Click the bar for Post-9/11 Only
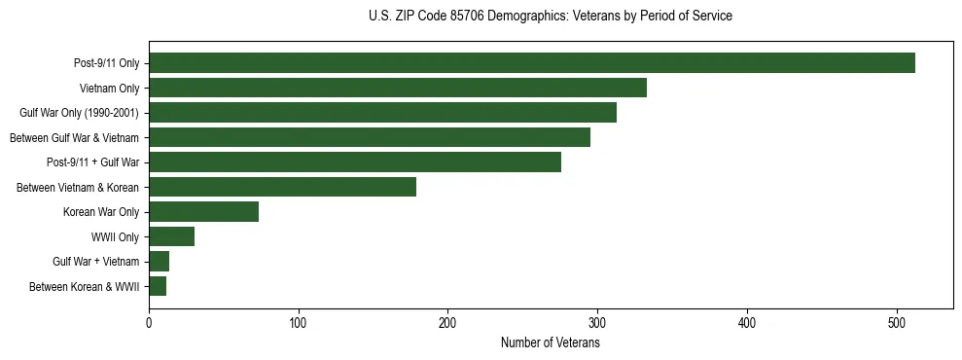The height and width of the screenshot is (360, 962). pyautogui.click(x=532, y=63)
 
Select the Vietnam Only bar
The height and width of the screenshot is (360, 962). pyautogui.click(x=398, y=88)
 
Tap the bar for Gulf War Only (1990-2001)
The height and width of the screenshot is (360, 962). pyautogui.click(x=382, y=113)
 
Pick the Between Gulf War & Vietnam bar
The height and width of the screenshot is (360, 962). pyautogui.click(x=370, y=137)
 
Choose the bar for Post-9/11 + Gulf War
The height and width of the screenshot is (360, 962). pyautogui.click(x=355, y=162)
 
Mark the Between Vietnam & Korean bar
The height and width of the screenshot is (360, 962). pyautogui.click(x=282, y=187)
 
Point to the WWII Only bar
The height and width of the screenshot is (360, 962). pyautogui.click(x=171, y=236)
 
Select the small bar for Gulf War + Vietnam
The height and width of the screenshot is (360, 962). pyautogui.click(x=159, y=262)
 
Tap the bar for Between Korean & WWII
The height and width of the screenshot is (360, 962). pyautogui.click(x=158, y=286)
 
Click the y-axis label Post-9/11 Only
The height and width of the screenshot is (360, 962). pyautogui.click(x=106, y=63)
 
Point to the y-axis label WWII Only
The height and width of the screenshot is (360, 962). pyautogui.click(x=115, y=236)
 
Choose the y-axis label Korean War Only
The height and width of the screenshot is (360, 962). pyautogui.click(x=101, y=212)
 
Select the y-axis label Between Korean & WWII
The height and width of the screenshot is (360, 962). pyautogui.click(x=85, y=286)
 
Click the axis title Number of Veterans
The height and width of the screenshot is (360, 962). pyautogui.click(x=550, y=342)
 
